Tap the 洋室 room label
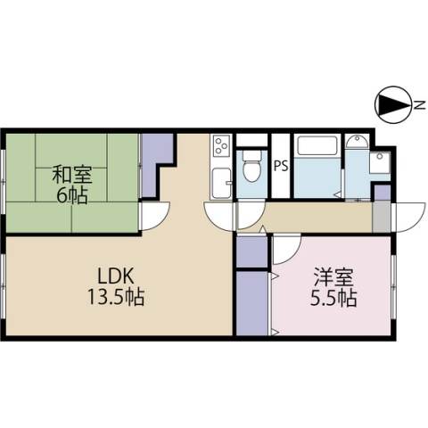tap(332, 276)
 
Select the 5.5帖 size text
tap(332, 297)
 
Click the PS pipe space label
tap(280, 165)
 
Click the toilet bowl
tap(251, 167)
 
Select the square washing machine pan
tap(380, 162)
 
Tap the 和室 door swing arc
tap(155, 215)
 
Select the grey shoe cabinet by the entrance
tap(381, 216)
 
